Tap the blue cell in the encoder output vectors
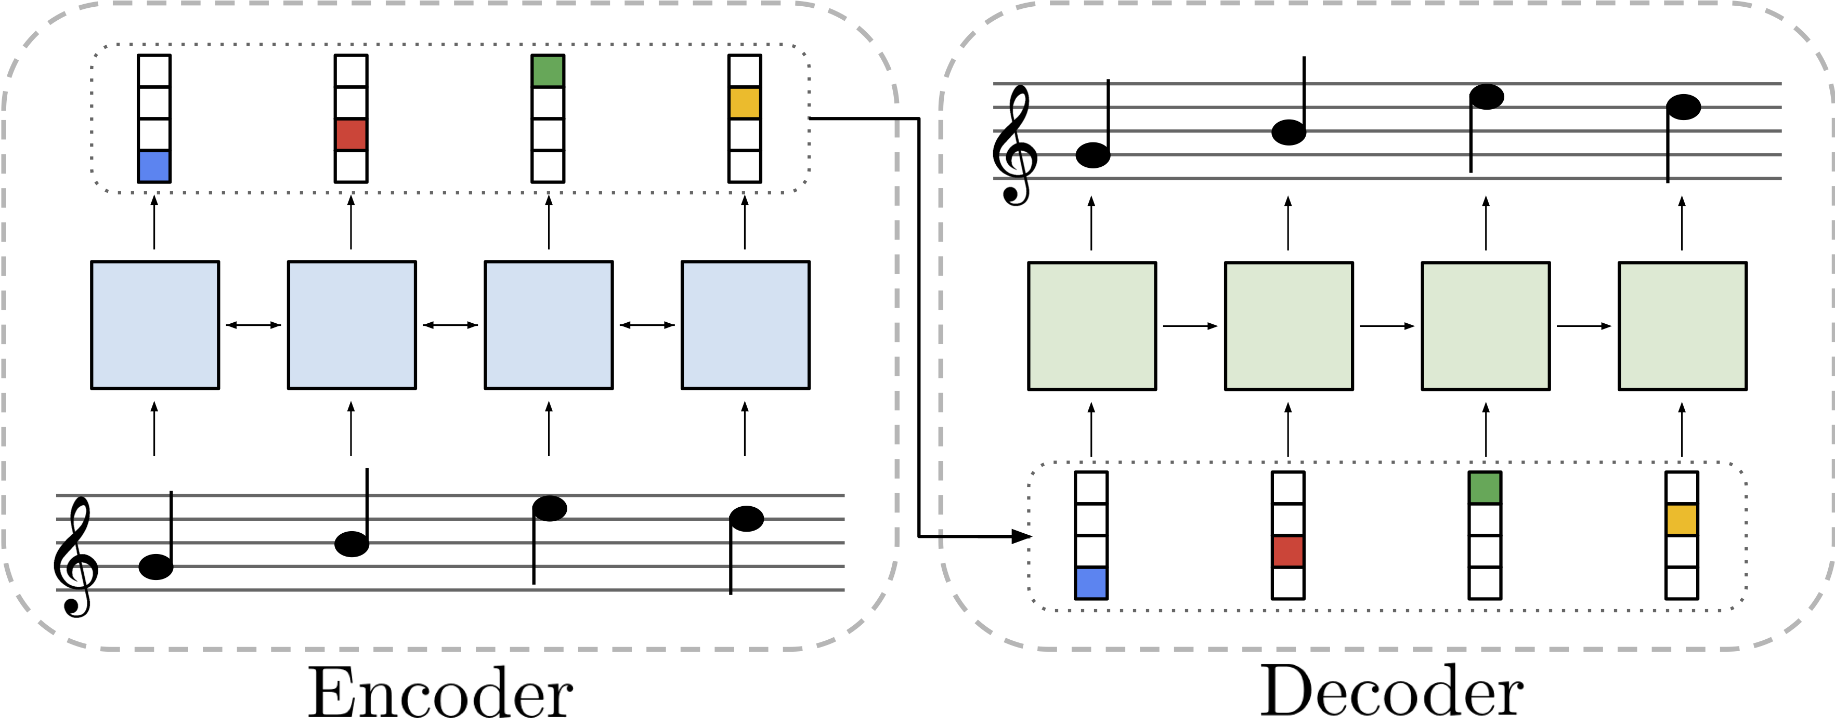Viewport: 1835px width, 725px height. (x=154, y=166)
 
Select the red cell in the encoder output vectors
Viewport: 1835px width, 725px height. (x=351, y=135)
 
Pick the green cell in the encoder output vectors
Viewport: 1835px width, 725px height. (x=548, y=71)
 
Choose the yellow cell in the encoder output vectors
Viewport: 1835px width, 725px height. (x=745, y=102)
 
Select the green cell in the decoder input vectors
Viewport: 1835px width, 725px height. (x=1485, y=488)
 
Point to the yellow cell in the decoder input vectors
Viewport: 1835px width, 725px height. (x=1682, y=519)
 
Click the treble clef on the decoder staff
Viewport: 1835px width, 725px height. (x=1014, y=146)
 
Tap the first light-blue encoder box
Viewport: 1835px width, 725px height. (x=154, y=325)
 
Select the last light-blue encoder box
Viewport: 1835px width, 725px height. (x=745, y=325)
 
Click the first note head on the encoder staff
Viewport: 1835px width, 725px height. (x=156, y=567)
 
